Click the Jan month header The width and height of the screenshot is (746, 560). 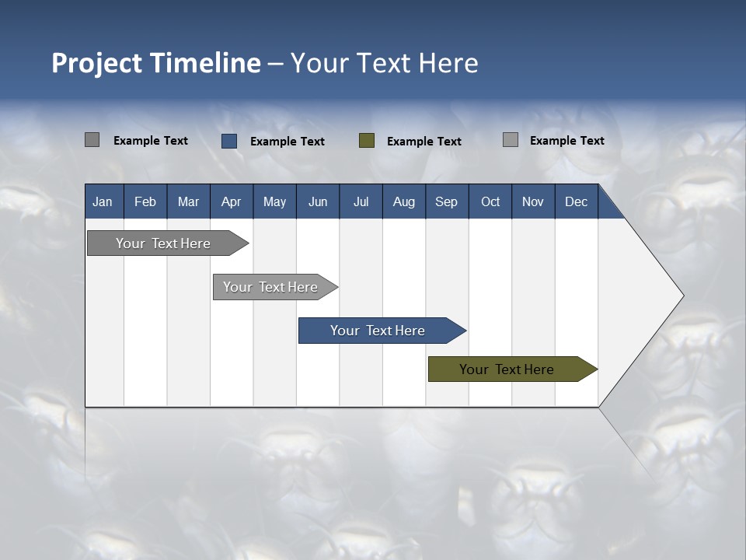point(103,201)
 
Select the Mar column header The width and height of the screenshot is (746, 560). point(188,201)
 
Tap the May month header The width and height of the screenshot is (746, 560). point(274,201)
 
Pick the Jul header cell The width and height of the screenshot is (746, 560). point(361,201)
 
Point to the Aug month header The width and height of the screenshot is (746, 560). point(403,201)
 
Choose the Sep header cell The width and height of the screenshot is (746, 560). point(446,201)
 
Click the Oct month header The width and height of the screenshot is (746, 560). point(490,201)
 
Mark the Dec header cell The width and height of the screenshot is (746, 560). point(576,201)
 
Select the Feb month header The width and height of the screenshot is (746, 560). point(145,201)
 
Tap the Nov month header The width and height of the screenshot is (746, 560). point(533,201)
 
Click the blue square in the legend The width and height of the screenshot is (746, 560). point(229,141)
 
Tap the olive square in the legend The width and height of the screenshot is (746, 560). point(367,140)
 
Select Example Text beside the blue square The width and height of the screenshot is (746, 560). point(288,142)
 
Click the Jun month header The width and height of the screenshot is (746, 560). point(318,201)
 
